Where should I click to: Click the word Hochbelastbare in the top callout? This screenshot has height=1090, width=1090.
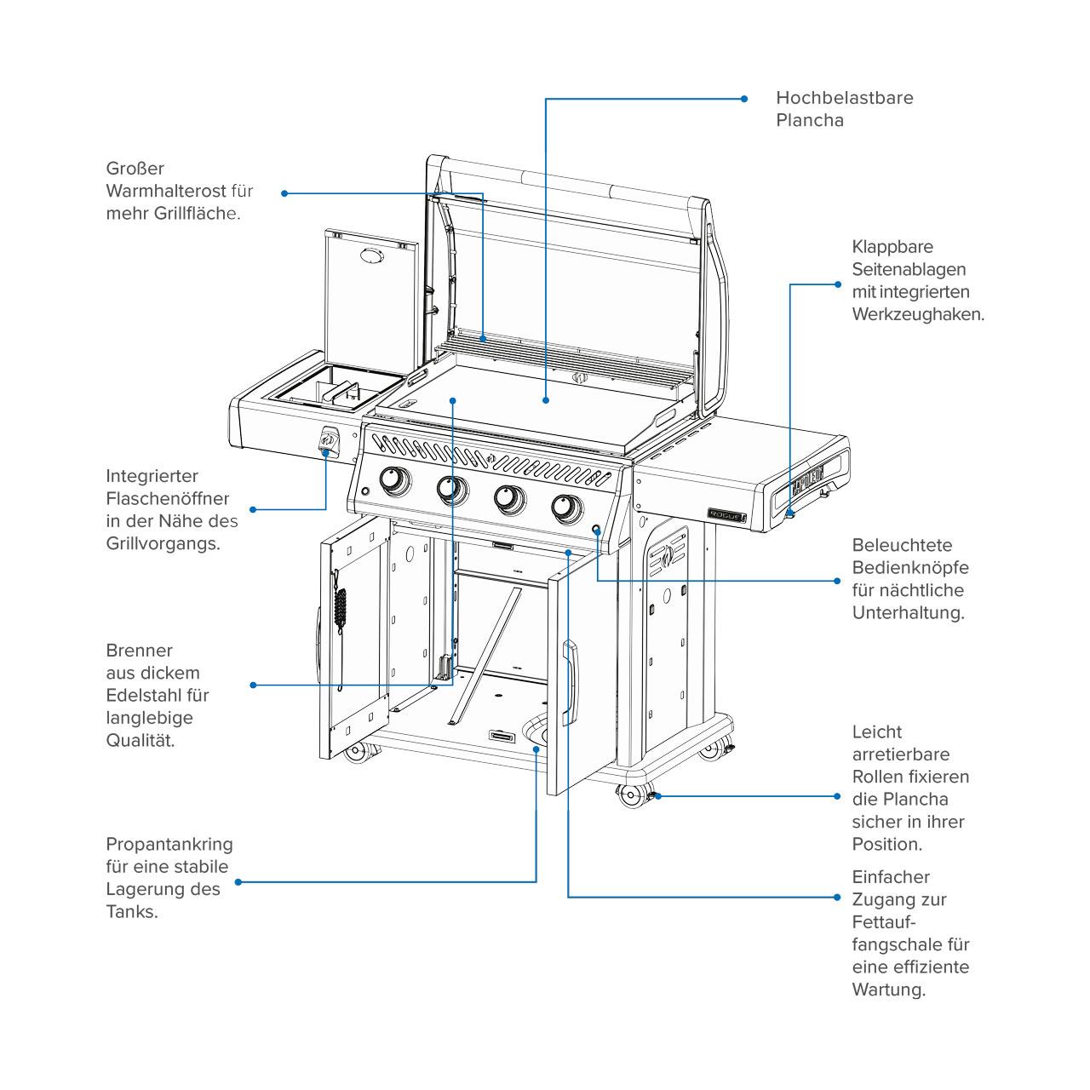click(x=844, y=98)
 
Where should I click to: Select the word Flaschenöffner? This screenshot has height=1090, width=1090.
click(x=168, y=498)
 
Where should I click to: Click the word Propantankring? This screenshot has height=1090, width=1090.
click(x=169, y=845)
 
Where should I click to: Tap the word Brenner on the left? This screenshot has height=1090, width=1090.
click(x=139, y=651)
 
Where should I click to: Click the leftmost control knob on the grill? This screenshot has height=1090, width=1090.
click(x=395, y=479)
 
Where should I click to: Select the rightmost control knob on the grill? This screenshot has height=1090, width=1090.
click(x=567, y=508)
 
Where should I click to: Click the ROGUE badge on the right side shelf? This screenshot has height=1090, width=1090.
click(x=727, y=514)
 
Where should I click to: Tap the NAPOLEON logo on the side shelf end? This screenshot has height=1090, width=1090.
click(x=807, y=479)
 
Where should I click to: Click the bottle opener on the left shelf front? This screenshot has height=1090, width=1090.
click(x=328, y=440)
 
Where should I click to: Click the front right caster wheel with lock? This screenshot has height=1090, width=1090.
click(x=633, y=795)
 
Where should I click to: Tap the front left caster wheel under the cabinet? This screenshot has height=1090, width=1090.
click(x=356, y=752)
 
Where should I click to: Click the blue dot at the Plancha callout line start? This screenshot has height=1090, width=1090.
click(x=744, y=99)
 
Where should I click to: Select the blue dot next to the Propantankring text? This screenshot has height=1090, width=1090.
click(x=238, y=882)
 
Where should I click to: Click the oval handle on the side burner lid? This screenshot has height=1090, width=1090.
click(x=371, y=255)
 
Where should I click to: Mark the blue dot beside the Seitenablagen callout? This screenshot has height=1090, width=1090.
click(x=838, y=284)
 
